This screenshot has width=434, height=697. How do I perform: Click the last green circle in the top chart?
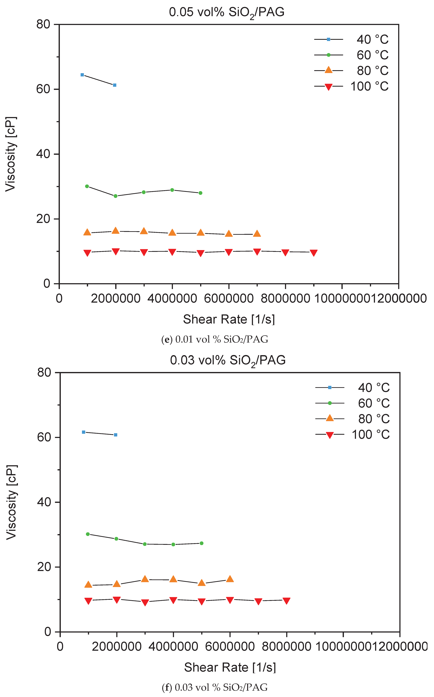pos(200,193)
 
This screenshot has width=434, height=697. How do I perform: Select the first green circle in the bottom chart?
pos(88,534)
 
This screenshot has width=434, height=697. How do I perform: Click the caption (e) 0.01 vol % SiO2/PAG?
pos(215,340)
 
